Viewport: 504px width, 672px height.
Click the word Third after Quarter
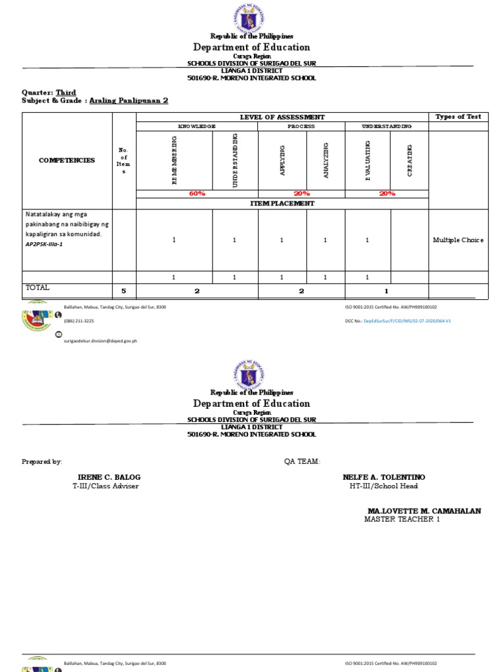(x=66, y=93)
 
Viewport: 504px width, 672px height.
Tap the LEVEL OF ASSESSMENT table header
(x=282, y=117)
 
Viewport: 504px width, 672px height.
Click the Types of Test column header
(x=458, y=117)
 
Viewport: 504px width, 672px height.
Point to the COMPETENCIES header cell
(x=67, y=160)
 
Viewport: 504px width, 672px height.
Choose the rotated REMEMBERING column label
(x=175, y=160)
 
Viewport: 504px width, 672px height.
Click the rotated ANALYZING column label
(x=325, y=160)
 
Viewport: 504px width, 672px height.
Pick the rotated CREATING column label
(x=409, y=160)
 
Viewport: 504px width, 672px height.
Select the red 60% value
(x=197, y=194)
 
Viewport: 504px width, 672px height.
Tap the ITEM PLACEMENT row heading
(x=282, y=203)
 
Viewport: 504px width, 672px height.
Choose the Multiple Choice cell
(x=458, y=240)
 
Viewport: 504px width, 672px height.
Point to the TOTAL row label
(x=37, y=287)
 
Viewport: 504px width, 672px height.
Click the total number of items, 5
(x=123, y=290)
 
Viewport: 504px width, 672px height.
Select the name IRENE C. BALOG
(x=109, y=477)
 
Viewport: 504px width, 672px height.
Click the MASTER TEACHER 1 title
(x=402, y=519)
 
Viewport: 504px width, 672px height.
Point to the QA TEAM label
(x=302, y=462)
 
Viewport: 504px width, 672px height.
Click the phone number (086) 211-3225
(x=79, y=321)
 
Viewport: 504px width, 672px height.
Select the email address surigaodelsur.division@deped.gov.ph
(x=100, y=341)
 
